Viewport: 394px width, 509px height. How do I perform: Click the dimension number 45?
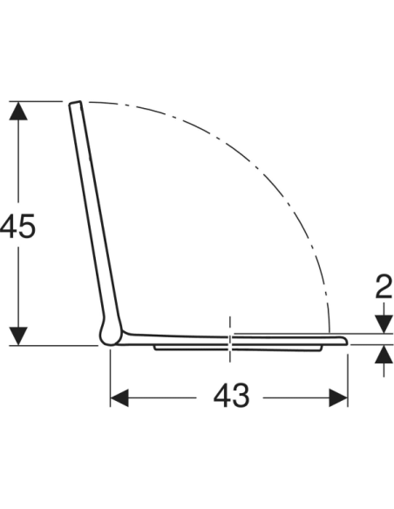(x=17, y=227)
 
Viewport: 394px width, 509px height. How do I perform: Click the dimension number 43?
(x=231, y=396)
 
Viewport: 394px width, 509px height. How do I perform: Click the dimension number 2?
(x=384, y=286)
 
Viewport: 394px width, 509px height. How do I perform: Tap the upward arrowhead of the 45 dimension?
(x=18, y=111)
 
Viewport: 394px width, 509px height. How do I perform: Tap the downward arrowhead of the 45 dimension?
(x=18, y=336)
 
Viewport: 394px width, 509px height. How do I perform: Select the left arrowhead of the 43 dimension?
(x=119, y=397)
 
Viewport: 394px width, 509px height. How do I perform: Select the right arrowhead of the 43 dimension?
(x=338, y=397)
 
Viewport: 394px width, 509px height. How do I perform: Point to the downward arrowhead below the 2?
(x=384, y=323)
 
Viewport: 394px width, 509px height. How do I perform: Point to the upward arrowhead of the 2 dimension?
(x=384, y=354)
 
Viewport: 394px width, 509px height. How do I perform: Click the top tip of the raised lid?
(x=75, y=103)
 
